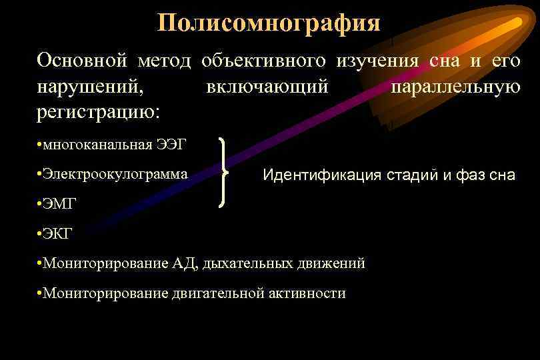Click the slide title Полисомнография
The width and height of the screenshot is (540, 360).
269,23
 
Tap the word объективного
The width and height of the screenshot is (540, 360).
263,61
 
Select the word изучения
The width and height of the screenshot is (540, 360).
377,61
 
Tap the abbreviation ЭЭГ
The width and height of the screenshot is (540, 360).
172,145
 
